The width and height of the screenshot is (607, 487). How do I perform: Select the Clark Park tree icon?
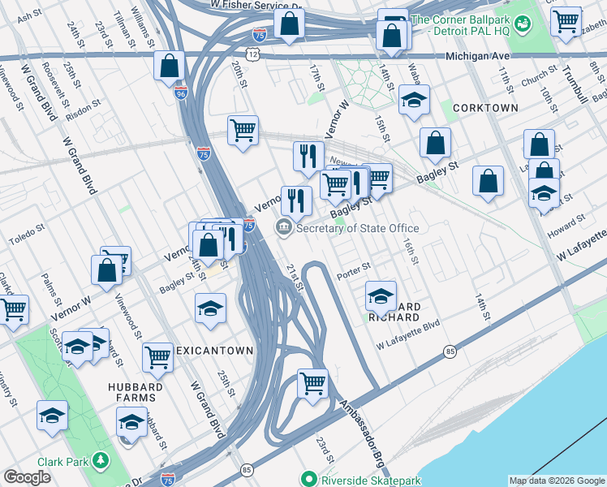(101, 461)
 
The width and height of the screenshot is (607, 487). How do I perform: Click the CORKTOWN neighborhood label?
(485, 107)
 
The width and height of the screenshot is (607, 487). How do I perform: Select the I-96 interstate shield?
(180, 93)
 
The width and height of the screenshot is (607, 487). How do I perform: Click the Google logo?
(27, 477)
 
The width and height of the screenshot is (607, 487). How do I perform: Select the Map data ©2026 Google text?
(556, 481)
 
